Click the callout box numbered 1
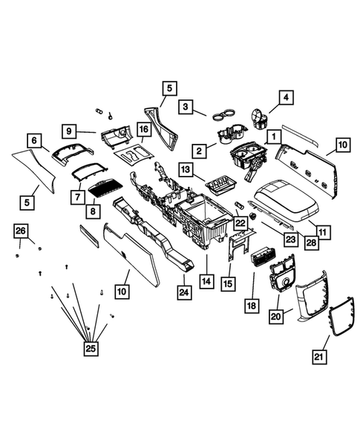pyautogui.click(x=274, y=137)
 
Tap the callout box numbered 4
pyautogui.click(x=285, y=97)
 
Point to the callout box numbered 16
pyautogui.click(x=143, y=130)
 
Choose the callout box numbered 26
pyautogui.click(x=20, y=231)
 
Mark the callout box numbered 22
pyautogui.click(x=239, y=223)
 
